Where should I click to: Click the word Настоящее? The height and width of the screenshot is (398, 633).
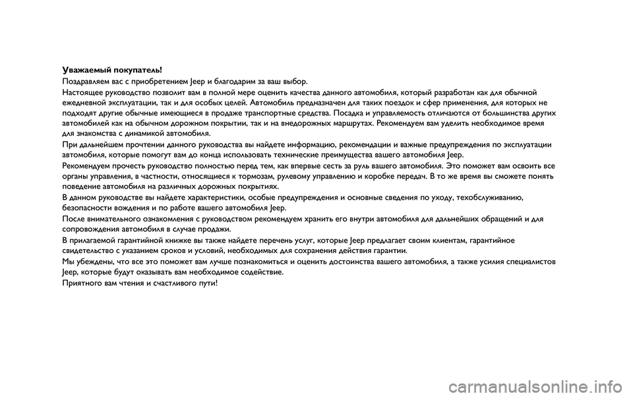coord(80,93)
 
